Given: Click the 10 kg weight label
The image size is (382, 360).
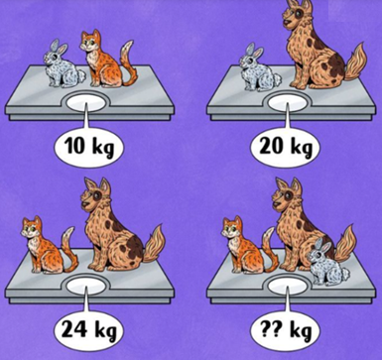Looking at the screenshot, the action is (89, 147).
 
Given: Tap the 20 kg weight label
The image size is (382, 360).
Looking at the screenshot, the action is (286, 147).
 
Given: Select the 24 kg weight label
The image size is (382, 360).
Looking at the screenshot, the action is (88, 330).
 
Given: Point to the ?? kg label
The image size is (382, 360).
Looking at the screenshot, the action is (286, 330).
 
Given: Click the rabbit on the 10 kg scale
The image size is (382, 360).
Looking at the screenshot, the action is (63, 63).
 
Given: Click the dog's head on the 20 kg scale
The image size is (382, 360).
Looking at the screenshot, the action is (296, 15).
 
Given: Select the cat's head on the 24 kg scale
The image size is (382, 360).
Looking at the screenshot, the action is (32, 228).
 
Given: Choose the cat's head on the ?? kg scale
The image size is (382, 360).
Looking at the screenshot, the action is (232, 228).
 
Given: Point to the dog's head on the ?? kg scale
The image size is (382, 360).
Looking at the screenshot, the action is (287, 195).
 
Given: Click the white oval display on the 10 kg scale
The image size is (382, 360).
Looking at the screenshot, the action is (86, 102).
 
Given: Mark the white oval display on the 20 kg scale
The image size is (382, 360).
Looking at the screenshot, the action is (288, 103).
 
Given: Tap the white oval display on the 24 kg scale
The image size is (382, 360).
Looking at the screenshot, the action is (86, 286).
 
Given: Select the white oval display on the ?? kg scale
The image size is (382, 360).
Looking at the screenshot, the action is (288, 287).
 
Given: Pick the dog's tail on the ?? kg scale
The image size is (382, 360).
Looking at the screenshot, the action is (345, 243).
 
